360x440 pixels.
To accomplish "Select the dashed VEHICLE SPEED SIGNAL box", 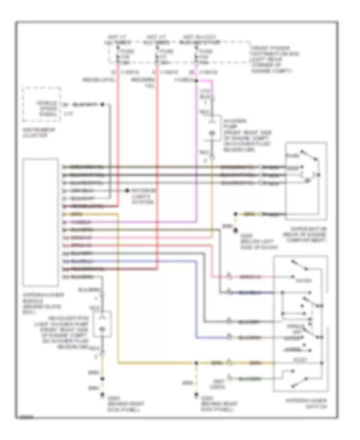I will point(42,104).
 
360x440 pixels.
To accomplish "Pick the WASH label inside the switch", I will point(301,280).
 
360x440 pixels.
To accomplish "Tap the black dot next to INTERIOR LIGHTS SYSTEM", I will point(128,192).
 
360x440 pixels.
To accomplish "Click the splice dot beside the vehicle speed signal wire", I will point(102,104).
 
